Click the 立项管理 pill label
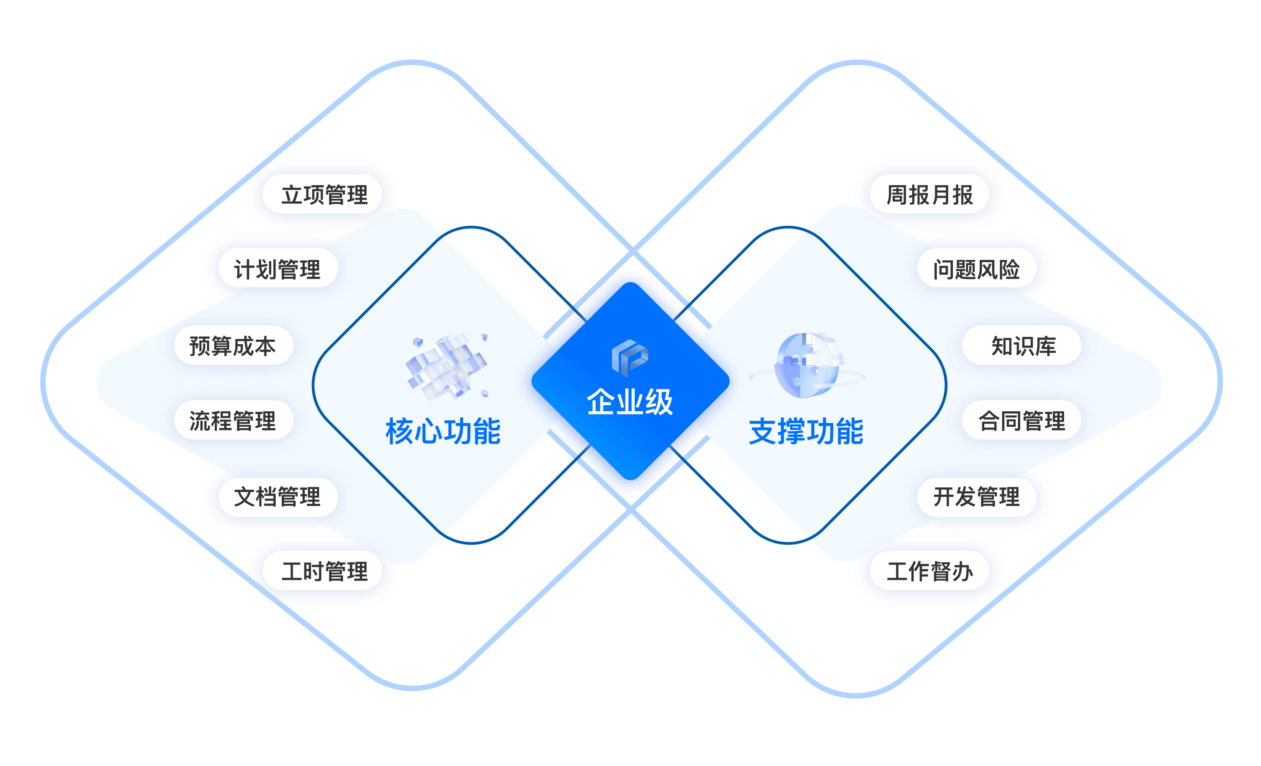coord(322,194)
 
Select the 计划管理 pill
coord(278,268)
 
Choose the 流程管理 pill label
coord(233,420)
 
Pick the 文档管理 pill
coord(278,497)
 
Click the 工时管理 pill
coord(322,570)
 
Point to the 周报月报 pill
coord(930,194)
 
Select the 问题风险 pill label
coord(977,268)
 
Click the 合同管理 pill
coord(1022,420)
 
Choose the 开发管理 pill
coord(977,497)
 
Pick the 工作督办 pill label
coord(930,570)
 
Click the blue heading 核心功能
coord(443,431)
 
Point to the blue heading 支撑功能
coord(806,431)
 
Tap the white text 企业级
coord(630,401)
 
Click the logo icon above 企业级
coord(630,357)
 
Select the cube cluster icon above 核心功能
coord(447,365)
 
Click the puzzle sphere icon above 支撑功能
coord(807,365)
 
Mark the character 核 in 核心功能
coord(400,431)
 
